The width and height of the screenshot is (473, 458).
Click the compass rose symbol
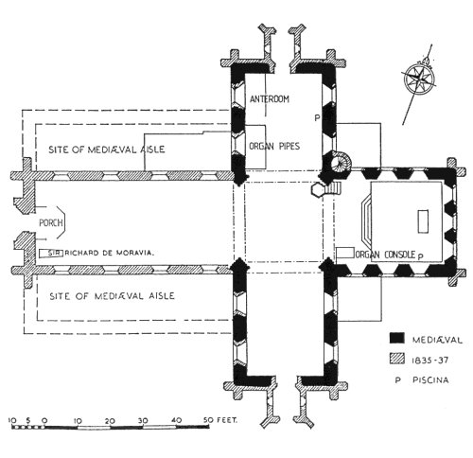[420, 79]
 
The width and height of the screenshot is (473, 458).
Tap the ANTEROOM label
[270, 99]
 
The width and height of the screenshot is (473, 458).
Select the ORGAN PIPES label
[274, 146]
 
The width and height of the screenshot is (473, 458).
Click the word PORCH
[51, 222]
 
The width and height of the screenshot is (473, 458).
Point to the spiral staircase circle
[340, 162]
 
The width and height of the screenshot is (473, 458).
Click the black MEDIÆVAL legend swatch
[396, 338]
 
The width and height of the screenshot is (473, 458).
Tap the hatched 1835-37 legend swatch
[396, 359]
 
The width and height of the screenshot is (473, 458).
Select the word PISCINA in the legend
[430, 379]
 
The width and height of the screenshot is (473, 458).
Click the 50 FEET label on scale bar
[220, 420]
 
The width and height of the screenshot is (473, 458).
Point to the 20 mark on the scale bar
[110, 421]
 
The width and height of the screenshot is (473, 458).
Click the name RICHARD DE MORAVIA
[110, 253]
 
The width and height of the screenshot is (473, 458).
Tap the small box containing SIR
[51, 253]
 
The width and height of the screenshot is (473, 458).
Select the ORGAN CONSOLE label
[385, 255]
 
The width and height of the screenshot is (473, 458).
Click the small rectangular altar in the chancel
[423, 221]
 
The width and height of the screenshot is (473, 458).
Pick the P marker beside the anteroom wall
[317, 118]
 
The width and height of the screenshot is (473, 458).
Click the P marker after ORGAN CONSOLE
[420, 256]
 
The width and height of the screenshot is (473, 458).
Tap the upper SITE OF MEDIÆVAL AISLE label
[107, 150]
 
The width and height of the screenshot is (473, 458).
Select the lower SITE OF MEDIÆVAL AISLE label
[112, 296]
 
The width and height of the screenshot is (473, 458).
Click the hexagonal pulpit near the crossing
[318, 189]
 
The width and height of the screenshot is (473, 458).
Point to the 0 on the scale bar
[44, 421]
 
